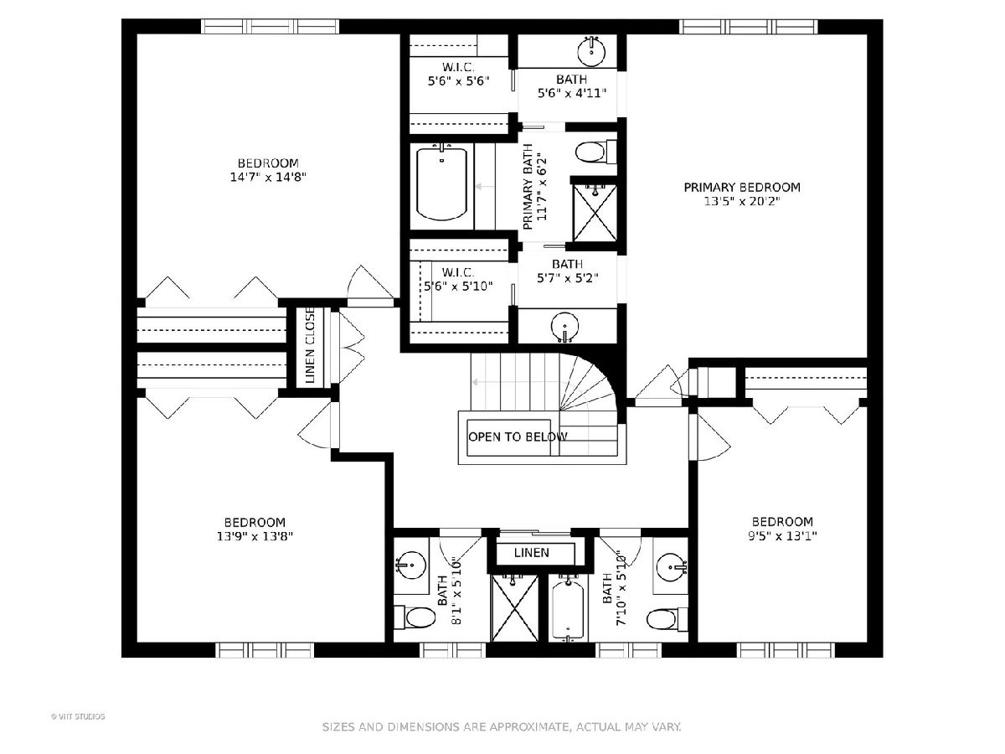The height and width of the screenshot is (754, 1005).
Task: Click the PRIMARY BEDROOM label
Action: point(742,187)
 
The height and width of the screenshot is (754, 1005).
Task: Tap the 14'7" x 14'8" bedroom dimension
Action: point(268,177)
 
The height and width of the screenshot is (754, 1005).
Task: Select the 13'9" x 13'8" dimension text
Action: point(255,536)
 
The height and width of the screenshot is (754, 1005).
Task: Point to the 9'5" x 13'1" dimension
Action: point(782,535)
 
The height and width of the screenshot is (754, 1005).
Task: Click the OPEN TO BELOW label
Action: point(518,436)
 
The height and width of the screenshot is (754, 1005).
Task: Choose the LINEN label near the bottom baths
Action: point(532,553)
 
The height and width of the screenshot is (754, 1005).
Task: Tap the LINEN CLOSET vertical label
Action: point(310,345)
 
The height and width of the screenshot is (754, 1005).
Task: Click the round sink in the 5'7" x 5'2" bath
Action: point(566,327)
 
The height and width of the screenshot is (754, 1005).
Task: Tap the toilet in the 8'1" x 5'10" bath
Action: point(415,617)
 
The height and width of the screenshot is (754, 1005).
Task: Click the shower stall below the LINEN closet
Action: point(514,608)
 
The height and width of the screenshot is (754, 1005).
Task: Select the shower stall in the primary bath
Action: point(595,213)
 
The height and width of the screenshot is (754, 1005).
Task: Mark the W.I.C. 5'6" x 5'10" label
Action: point(458,279)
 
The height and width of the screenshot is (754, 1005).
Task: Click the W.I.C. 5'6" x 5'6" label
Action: point(459,75)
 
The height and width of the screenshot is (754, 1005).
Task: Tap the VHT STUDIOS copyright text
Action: point(78,716)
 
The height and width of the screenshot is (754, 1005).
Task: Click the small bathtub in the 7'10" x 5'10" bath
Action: point(568,610)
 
